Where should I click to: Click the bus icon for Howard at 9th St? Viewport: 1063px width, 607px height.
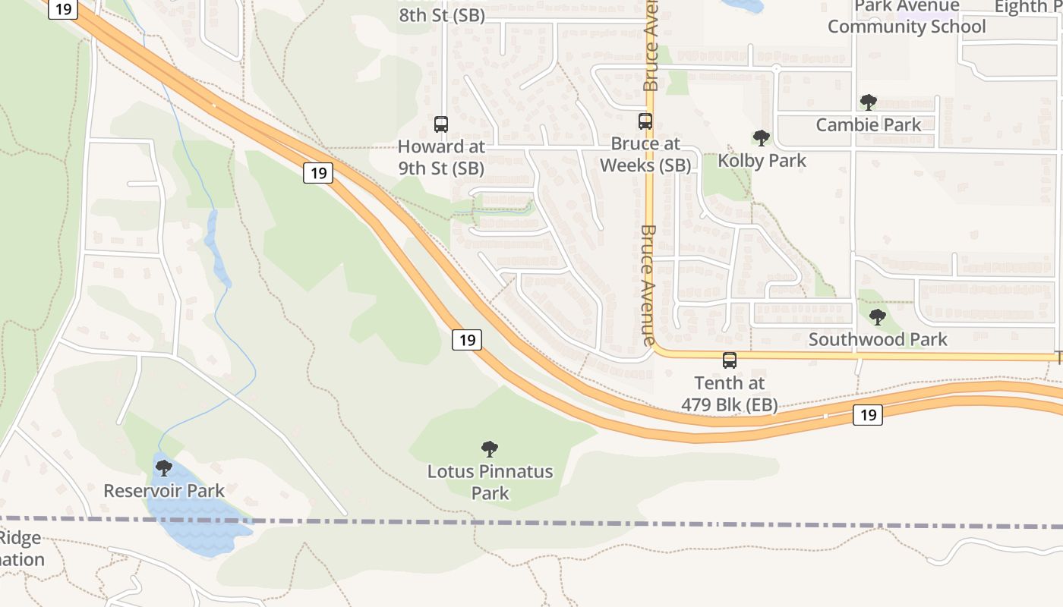pos(441,124)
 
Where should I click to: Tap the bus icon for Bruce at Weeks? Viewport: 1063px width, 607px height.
pos(645,121)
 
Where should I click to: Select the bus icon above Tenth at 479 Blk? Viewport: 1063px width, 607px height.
pos(730,360)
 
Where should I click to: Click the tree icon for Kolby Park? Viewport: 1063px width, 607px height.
pos(762,138)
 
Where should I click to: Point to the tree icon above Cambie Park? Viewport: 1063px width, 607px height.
pos(868,102)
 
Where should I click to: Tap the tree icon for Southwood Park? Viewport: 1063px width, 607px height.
pos(878,316)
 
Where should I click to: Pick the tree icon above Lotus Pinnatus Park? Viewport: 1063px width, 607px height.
pos(490,449)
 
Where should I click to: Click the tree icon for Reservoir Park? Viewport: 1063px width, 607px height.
pos(164,468)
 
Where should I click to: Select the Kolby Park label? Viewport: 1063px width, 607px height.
pos(762,161)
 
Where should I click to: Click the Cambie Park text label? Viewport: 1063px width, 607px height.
pos(869,124)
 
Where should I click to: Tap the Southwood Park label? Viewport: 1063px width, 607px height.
pos(878,339)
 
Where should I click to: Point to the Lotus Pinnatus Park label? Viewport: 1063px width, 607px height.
pos(490,482)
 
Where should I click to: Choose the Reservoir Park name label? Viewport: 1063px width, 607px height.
pos(164,491)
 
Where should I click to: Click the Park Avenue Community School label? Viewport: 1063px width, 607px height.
pos(907,17)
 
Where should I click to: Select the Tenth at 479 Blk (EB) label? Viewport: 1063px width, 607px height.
pos(730,394)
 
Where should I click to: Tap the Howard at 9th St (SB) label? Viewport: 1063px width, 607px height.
pos(441,157)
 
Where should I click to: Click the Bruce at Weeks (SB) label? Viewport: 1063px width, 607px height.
pos(645,154)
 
